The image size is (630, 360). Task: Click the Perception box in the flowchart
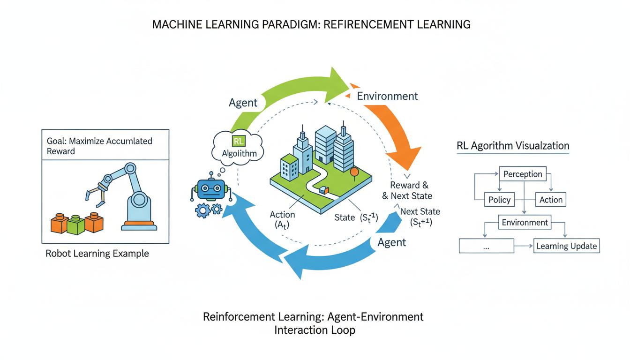tap(523, 174)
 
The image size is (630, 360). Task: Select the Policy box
tap(499, 200)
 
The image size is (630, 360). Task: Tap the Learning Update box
tap(566, 246)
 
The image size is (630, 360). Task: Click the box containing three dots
tap(486, 246)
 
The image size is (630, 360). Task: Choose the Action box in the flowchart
tap(550, 200)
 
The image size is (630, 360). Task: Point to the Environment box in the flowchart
tap(525, 222)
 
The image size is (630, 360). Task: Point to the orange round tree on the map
tap(353, 172)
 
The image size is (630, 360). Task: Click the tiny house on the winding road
tap(323, 190)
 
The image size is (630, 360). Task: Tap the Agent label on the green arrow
tap(244, 103)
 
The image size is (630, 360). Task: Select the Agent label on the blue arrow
tap(391, 242)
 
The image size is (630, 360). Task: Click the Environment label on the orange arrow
tap(387, 96)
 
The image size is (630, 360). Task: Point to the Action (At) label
tap(282, 219)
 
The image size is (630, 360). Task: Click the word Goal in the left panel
tap(56, 141)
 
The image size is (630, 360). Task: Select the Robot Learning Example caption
tap(97, 254)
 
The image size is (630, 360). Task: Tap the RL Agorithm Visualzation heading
tap(513, 145)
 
